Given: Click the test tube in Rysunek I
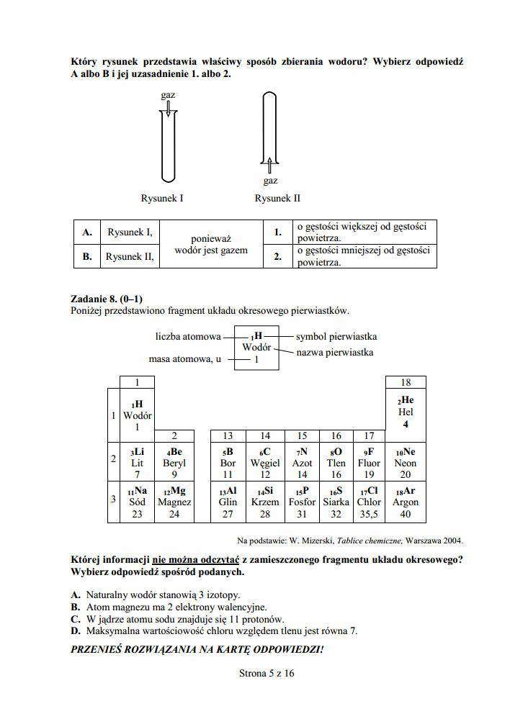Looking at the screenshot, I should (x=167, y=144).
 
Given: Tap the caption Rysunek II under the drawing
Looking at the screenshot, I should (x=277, y=198).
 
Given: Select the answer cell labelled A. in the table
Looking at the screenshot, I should (x=87, y=232).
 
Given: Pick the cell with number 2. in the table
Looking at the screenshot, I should (x=277, y=256).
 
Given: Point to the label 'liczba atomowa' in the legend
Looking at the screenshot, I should (x=188, y=336).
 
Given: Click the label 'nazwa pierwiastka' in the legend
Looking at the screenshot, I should (x=334, y=353).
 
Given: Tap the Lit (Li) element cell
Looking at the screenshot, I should (x=137, y=463).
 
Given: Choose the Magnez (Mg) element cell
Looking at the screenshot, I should (x=174, y=502).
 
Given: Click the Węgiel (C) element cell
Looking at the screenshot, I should (x=265, y=463).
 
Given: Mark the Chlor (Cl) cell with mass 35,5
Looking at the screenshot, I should (x=369, y=502).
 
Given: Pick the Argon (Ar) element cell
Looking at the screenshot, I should (x=406, y=502).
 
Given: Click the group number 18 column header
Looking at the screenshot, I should (x=406, y=382).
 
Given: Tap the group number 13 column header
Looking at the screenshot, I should (x=228, y=435).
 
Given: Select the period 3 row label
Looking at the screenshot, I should (x=112, y=501).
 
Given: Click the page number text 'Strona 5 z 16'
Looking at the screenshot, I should (x=267, y=674).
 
